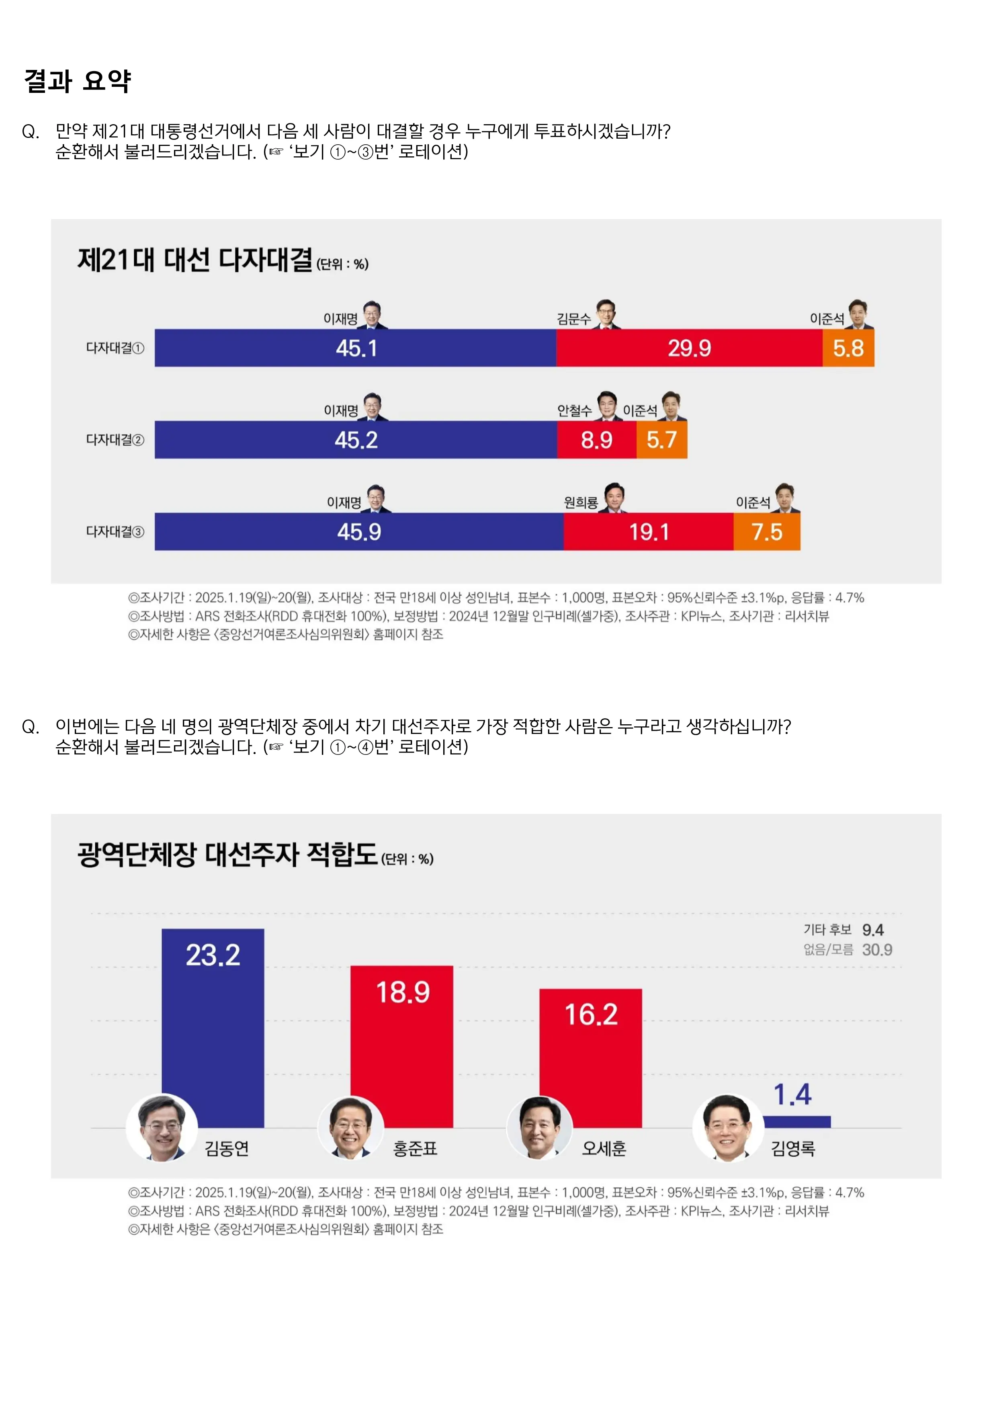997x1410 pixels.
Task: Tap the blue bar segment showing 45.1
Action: pyautogui.click(x=356, y=348)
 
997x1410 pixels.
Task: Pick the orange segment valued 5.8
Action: pyautogui.click(x=848, y=348)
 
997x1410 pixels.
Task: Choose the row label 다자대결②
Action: pyautogui.click(x=115, y=440)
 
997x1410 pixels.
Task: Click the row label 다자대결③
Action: pyautogui.click(x=115, y=532)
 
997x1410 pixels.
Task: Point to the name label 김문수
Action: pyautogui.click(x=573, y=319)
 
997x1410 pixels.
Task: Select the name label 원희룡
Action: pyautogui.click(x=581, y=503)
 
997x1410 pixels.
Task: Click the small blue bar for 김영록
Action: pyautogui.click(x=797, y=1121)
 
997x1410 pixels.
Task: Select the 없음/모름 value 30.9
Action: pyautogui.click(x=877, y=950)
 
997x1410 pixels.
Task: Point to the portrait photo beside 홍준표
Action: pyautogui.click(x=350, y=1129)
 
